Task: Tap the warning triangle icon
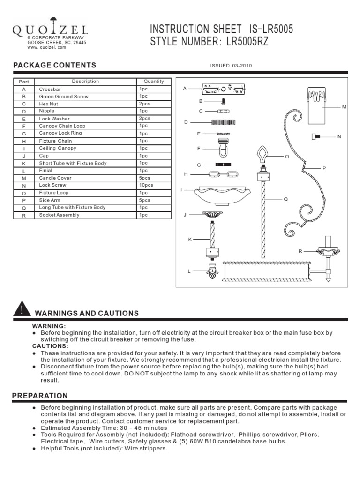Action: (21, 310)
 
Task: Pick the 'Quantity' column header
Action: (154, 82)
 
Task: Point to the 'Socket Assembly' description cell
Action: (59, 215)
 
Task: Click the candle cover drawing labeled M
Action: (316, 105)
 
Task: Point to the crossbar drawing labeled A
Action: (223, 89)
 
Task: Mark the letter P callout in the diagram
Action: (323, 168)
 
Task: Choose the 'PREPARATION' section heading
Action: (40, 396)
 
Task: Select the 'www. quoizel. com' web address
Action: (46, 47)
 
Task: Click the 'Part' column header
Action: (24, 82)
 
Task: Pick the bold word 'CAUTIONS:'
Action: (49, 346)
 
